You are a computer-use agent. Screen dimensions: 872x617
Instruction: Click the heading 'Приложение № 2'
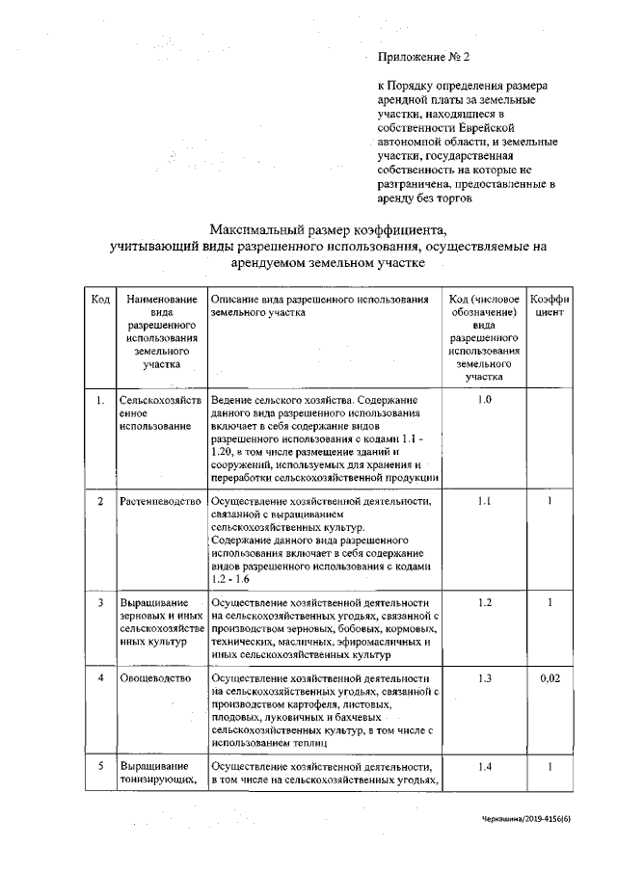(x=423, y=59)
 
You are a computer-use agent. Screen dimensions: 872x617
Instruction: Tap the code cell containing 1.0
(x=485, y=399)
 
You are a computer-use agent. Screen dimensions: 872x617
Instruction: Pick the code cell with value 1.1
(x=485, y=502)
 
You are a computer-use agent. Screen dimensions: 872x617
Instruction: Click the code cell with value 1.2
(x=485, y=602)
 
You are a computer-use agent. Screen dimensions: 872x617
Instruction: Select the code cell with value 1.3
(x=485, y=679)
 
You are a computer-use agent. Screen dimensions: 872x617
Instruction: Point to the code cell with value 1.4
(x=485, y=766)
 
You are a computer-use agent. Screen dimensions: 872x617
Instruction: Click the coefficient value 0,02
(x=550, y=679)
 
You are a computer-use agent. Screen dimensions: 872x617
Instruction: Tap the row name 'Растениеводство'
(x=159, y=502)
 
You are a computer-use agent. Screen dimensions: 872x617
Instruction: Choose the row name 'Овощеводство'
(x=154, y=679)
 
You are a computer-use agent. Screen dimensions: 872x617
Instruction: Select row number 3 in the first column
(x=100, y=602)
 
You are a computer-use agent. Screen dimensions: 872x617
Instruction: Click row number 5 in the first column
(x=100, y=766)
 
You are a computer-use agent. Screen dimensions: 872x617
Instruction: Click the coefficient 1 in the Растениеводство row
(x=550, y=502)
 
